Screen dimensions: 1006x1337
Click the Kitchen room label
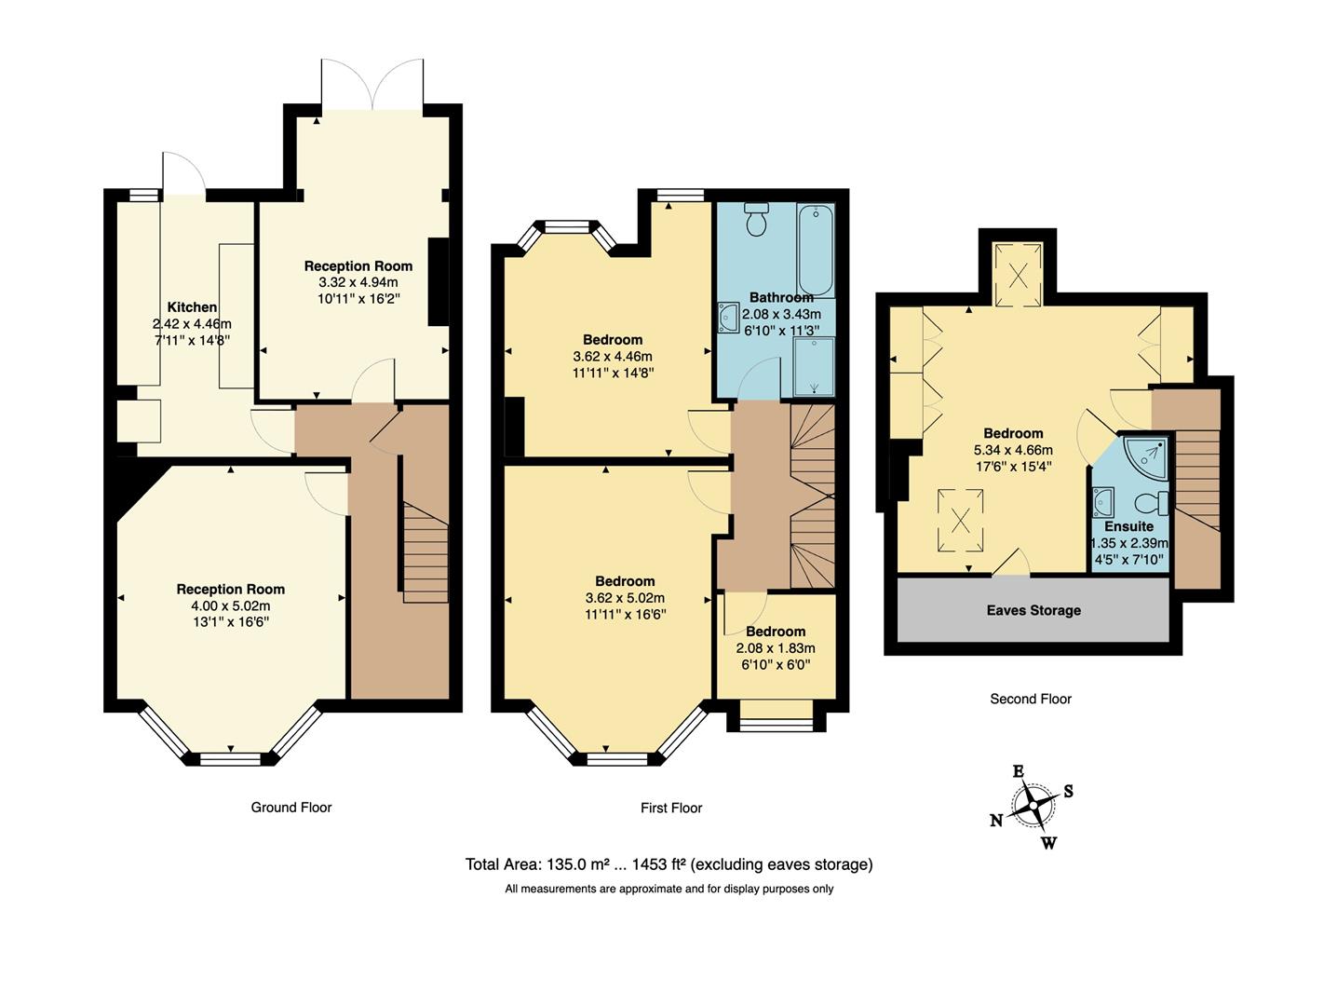pyautogui.click(x=192, y=307)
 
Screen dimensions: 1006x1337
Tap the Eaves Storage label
pyautogui.click(x=1033, y=610)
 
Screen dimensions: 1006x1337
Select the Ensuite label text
pyautogui.click(x=1128, y=526)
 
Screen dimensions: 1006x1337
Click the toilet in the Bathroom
pyautogui.click(x=755, y=219)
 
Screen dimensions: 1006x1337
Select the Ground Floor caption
pyautogui.click(x=291, y=808)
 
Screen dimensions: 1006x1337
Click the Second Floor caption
pyautogui.click(x=1031, y=699)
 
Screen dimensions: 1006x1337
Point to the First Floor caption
pyautogui.click(x=671, y=808)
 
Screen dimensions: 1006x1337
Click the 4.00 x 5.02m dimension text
pyautogui.click(x=230, y=605)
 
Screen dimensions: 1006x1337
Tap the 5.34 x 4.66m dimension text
pyautogui.click(x=1013, y=450)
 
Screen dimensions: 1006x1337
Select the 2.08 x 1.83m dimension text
pyautogui.click(x=776, y=648)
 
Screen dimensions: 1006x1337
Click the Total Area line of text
pyautogui.click(x=668, y=864)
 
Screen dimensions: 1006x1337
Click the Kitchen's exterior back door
pyautogui.click(x=182, y=173)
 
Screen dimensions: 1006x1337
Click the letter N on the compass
pyautogui.click(x=996, y=821)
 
